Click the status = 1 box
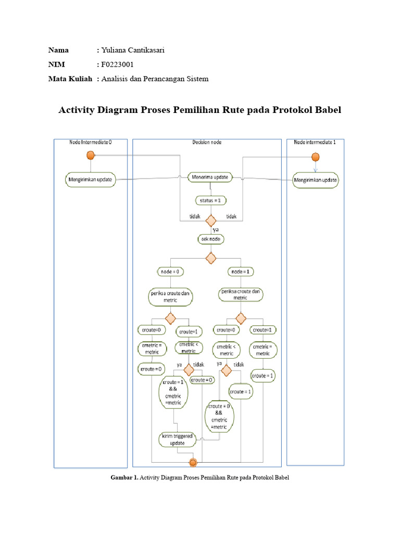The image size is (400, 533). (x=211, y=200)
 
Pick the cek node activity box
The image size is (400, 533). (x=211, y=239)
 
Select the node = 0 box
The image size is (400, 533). (x=170, y=271)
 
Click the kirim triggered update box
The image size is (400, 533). (x=177, y=439)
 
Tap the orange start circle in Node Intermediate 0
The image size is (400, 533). (x=90, y=155)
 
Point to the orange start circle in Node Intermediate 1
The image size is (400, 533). (x=315, y=156)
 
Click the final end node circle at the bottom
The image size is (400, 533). (x=193, y=462)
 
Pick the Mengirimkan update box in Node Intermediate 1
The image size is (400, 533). (x=315, y=180)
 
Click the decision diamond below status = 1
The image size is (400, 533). (x=211, y=220)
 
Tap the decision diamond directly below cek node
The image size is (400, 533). (x=211, y=257)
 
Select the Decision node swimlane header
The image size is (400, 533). (x=206, y=142)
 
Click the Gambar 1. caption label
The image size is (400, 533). (x=124, y=477)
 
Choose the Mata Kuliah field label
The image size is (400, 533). (x=70, y=79)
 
